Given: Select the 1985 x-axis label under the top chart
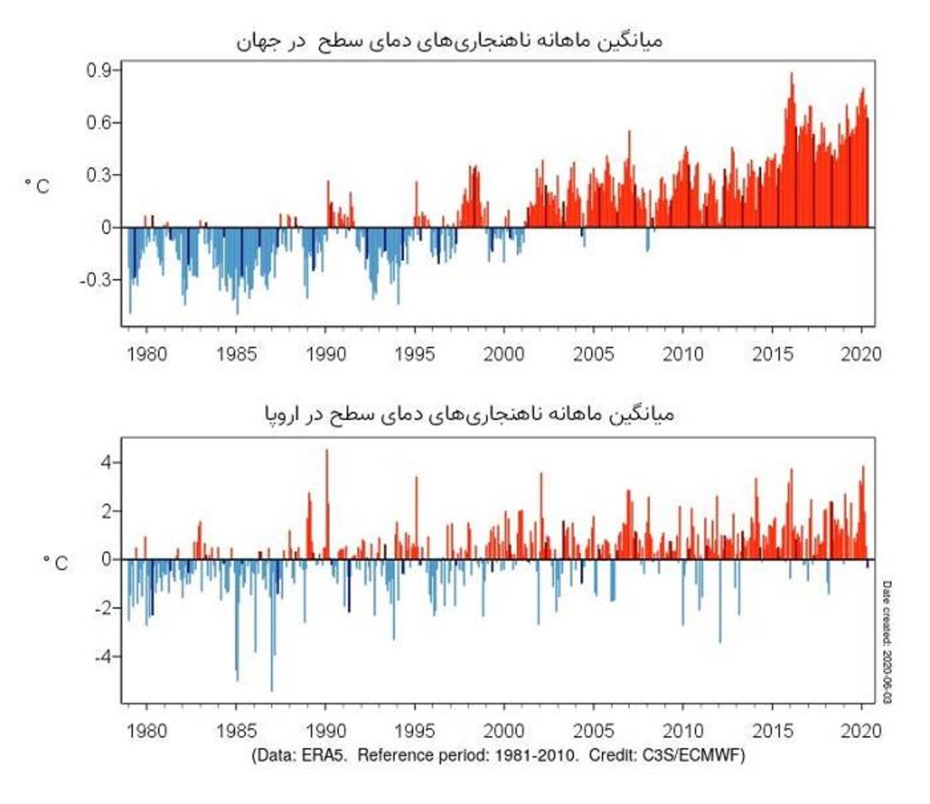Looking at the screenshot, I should [236, 354].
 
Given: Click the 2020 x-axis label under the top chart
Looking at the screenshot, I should [861, 354].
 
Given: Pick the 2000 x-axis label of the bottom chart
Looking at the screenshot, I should [504, 730].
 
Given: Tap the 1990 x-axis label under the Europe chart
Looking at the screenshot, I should [325, 730].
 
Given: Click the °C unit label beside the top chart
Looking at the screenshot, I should [37, 186].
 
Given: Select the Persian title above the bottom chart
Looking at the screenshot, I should [469, 414].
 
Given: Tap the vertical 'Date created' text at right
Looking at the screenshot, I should [887, 642].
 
